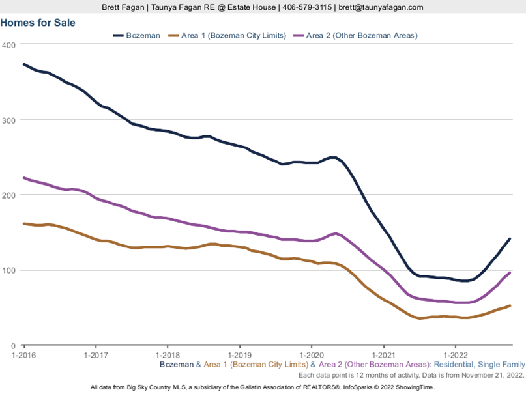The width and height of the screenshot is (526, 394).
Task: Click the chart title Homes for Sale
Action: (38, 23)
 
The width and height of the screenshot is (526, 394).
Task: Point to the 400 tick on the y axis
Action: (8, 45)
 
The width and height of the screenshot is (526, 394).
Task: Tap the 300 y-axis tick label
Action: (8, 120)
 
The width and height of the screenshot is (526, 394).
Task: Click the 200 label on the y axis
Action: (8, 195)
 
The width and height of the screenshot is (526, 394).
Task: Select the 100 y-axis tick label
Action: (8, 270)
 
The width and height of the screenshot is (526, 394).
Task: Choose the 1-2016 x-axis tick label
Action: (23, 354)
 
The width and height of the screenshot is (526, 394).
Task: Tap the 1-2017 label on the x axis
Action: (95, 354)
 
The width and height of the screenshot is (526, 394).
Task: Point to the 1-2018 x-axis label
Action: (168, 354)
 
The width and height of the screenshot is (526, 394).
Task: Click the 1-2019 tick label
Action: (239, 354)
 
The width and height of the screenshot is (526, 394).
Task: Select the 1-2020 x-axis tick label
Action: (311, 354)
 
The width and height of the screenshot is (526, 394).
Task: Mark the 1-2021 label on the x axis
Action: (383, 354)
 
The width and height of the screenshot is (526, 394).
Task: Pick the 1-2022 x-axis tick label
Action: (455, 354)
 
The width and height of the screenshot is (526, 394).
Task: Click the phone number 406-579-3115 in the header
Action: (308, 7)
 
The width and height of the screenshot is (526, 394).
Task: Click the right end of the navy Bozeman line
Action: (510, 239)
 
